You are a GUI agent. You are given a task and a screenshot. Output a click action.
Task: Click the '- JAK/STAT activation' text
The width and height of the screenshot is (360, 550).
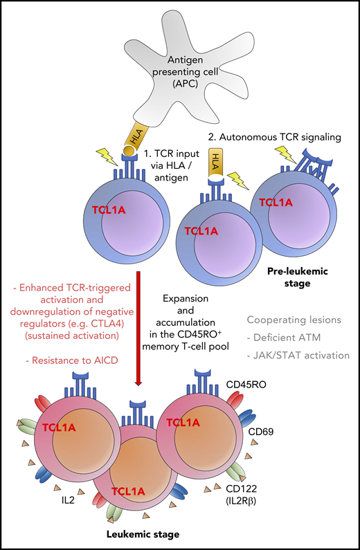(x=298, y=356)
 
